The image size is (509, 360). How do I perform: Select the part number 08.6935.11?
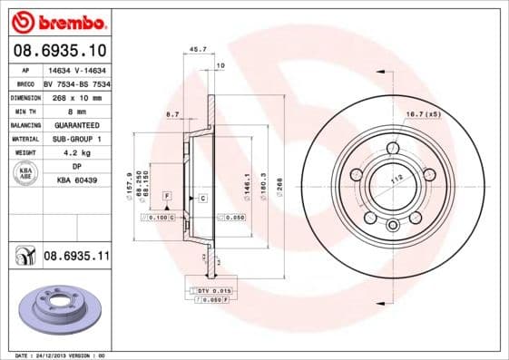click(76, 257)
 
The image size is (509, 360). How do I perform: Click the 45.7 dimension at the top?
click(194, 50)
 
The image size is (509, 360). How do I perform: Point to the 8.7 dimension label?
click(172, 113)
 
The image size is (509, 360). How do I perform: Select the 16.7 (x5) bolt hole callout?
click(424, 113)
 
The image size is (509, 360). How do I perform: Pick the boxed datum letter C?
click(202, 198)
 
